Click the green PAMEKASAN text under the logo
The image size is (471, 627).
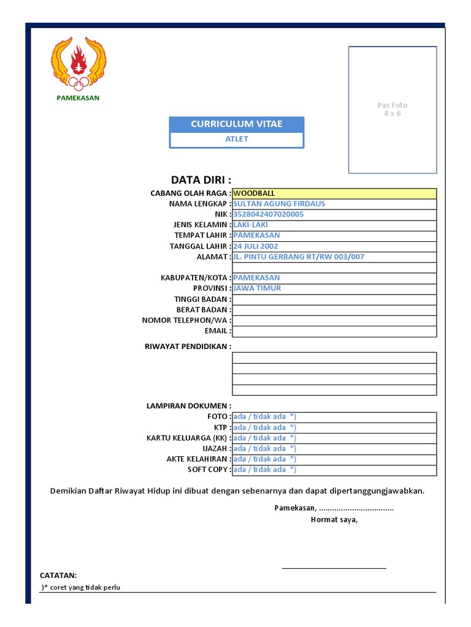pos(78,97)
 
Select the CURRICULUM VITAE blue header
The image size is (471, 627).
pos(236,124)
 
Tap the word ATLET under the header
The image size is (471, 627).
pos(236,139)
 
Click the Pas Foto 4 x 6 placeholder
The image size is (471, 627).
pos(392,110)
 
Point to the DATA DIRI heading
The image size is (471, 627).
pos(201,179)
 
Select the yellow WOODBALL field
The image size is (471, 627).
pos(334,193)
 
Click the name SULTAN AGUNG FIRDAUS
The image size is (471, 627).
pos(279,204)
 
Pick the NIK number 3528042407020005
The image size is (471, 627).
pos(268,214)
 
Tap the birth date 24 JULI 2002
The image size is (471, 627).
pos(256,246)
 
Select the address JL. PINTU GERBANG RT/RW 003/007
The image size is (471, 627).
pos(299,257)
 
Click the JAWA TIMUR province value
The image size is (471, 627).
pos(257,288)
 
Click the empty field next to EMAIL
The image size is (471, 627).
pos(334,331)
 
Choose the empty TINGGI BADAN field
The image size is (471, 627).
pos(334,299)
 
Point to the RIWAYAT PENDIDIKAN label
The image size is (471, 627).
pos(188,347)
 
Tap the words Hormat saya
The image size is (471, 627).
pos(334,520)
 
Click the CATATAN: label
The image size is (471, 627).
pos(58,576)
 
